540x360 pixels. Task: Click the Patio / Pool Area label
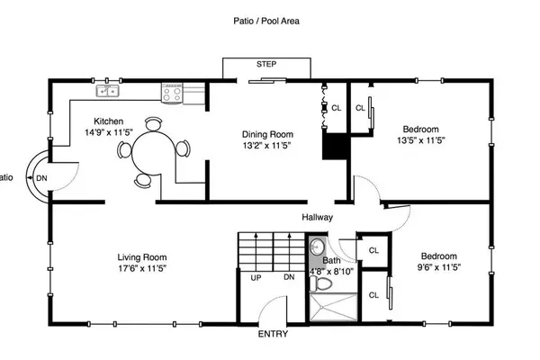pyautogui.click(x=266, y=21)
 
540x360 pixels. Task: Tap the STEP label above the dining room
pyautogui.click(x=266, y=64)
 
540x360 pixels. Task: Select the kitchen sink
pyautogui.click(x=108, y=91)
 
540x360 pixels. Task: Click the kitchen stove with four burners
pyautogui.click(x=172, y=93)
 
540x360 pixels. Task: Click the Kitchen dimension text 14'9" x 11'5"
pyautogui.click(x=109, y=132)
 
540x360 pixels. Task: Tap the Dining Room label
pyautogui.click(x=267, y=134)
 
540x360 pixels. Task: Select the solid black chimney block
pyautogui.click(x=335, y=147)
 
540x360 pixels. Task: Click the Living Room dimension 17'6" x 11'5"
pyautogui.click(x=142, y=268)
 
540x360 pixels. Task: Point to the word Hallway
pyautogui.click(x=317, y=218)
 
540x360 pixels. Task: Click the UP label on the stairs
pyautogui.click(x=256, y=278)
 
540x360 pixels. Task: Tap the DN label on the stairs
pyautogui.click(x=289, y=277)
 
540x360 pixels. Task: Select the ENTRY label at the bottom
pyautogui.click(x=273, y=334)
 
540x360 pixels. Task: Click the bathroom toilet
pyautogui.click(x=321, y=283)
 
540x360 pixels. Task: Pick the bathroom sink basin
pyautogui.click(x=317, y=247)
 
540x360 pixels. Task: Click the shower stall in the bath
pyautogui.click(x=334, y=307)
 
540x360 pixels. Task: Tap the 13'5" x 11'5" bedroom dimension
pyautogui.click(x=421, y=140)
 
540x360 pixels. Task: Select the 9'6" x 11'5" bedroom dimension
pyautogui.click(x=439, y=267)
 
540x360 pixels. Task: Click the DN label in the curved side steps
pyautogui.click(x=41, y=178)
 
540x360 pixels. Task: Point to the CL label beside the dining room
pyautogui.click(x=337, y=108)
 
